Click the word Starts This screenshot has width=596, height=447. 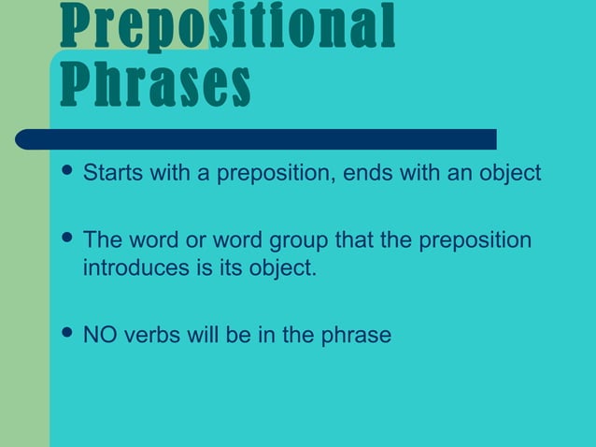[109, 174]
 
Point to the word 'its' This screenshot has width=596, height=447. [215, 268]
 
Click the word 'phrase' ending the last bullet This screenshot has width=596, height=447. [355, 335]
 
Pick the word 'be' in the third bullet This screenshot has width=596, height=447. [237, 335]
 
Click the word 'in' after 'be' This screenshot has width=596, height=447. [265, 335]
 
